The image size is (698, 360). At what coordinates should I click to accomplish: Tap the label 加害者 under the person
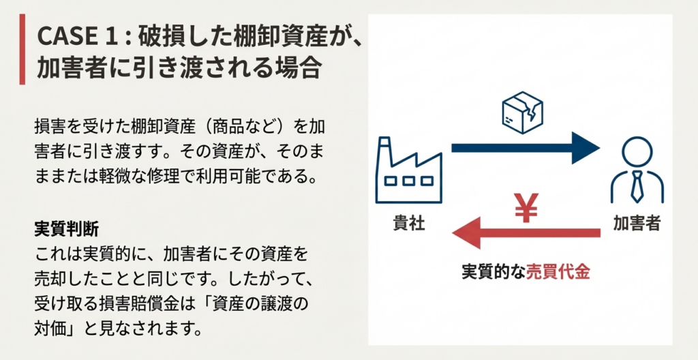(x=636, y=223)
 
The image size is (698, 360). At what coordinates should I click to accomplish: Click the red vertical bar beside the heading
(x=22, y=52)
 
